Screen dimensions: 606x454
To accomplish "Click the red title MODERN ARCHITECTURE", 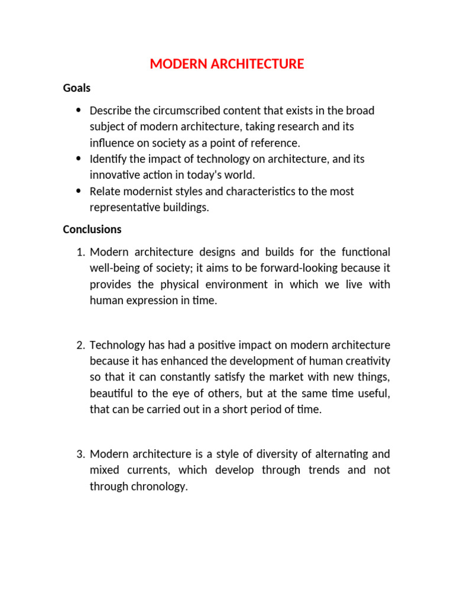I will pyautogui.click(x=227, y=64).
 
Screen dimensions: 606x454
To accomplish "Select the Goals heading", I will pyautogui.click(x=77, y=88).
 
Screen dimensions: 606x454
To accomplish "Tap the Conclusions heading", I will pyautogui.click(x=92, y=229).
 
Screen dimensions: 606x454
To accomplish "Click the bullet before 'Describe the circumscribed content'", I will pyautogui.click(x=79, y=111).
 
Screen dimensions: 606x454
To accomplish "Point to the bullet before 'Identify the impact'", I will pyautogui.click(x=79, y=159).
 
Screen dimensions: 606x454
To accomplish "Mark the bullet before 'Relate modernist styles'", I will pyautogui.click(x=79, y=191).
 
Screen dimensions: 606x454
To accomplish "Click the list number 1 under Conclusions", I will pyautogui.click(x=80, y=253).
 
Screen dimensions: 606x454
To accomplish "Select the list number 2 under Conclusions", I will pyautogui.click(x=80, y=346).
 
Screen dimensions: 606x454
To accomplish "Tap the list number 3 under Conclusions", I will pyautogui.click(x=80, y=454).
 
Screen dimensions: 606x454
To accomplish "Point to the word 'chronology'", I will pyautogui.click(x=158, y=487).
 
